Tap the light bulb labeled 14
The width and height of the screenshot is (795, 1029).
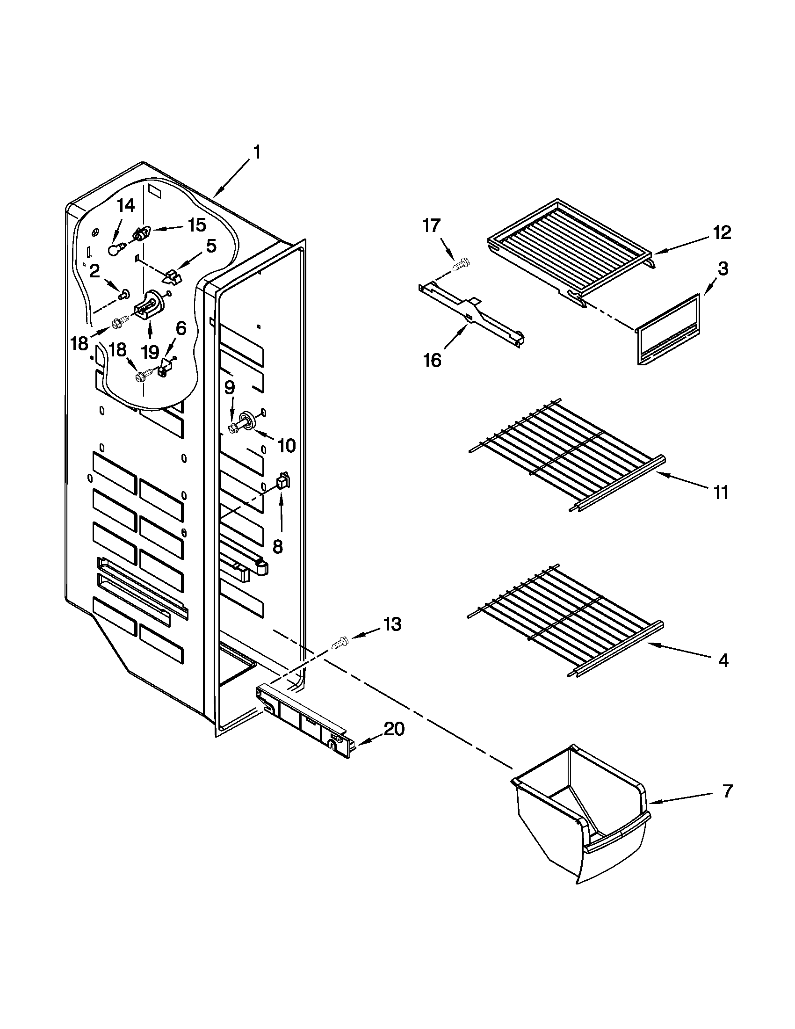[114, 250]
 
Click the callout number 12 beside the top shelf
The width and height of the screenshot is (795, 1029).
[722, 232]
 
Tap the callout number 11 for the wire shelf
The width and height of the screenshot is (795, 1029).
[721, 493]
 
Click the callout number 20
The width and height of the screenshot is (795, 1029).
[394, 729]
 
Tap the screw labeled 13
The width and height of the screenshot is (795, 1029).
[340, 644]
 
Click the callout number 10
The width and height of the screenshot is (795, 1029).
[286, 445]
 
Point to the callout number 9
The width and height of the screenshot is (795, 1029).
[229, 388]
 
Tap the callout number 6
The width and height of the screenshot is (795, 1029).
[181, 328]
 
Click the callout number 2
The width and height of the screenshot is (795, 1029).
[94, 270]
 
